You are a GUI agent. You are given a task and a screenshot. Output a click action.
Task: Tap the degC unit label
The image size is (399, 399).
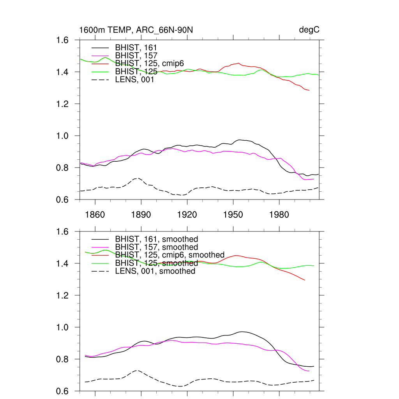pos(309,30)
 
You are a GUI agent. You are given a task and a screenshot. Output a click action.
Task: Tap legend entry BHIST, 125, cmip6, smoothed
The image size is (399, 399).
pos(169,255)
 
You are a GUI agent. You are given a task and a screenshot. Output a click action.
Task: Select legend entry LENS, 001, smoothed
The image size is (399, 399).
pos(155,271)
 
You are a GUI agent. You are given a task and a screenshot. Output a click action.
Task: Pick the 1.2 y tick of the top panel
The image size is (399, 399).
pos(64,104)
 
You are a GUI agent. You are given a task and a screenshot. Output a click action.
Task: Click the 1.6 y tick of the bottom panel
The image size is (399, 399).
pos(64,232)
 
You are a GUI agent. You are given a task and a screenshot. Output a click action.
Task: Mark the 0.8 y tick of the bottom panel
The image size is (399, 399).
pos(64,359)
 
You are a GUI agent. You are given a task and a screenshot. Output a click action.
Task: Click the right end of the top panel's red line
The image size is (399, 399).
pos(309,90)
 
